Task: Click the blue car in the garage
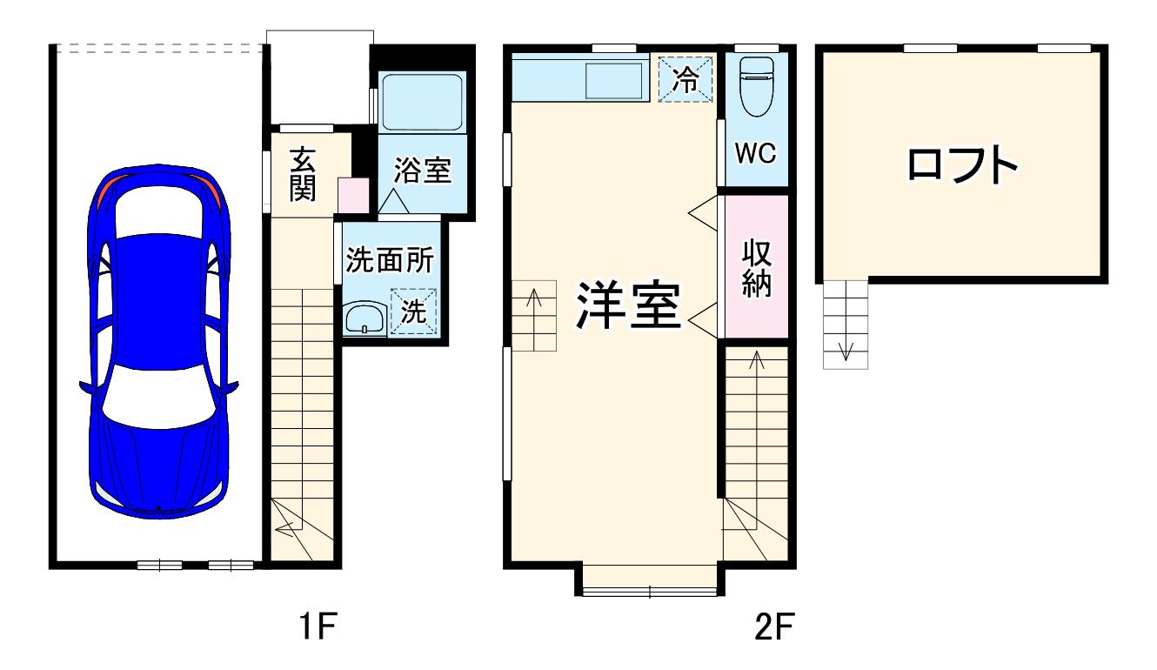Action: click(158, 341)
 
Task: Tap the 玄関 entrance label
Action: click(303, 174)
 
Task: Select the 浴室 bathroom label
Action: click(423, 170)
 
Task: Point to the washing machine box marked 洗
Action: click(414, 311)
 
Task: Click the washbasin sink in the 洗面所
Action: click(364, 319)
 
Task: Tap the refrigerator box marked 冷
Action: click(686, 79)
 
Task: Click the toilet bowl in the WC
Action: click(757, 86)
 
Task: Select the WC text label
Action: click(756, 153)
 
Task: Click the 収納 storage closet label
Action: click(757, 268)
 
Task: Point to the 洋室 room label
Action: click(629, 305)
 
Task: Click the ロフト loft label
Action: click(963, 165)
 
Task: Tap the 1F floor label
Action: click(318, 626)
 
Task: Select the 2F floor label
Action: click(774, 626)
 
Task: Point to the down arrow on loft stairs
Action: click(846, 352)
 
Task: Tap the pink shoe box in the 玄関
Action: click(353, 195)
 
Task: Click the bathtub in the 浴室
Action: click(422, 102)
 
